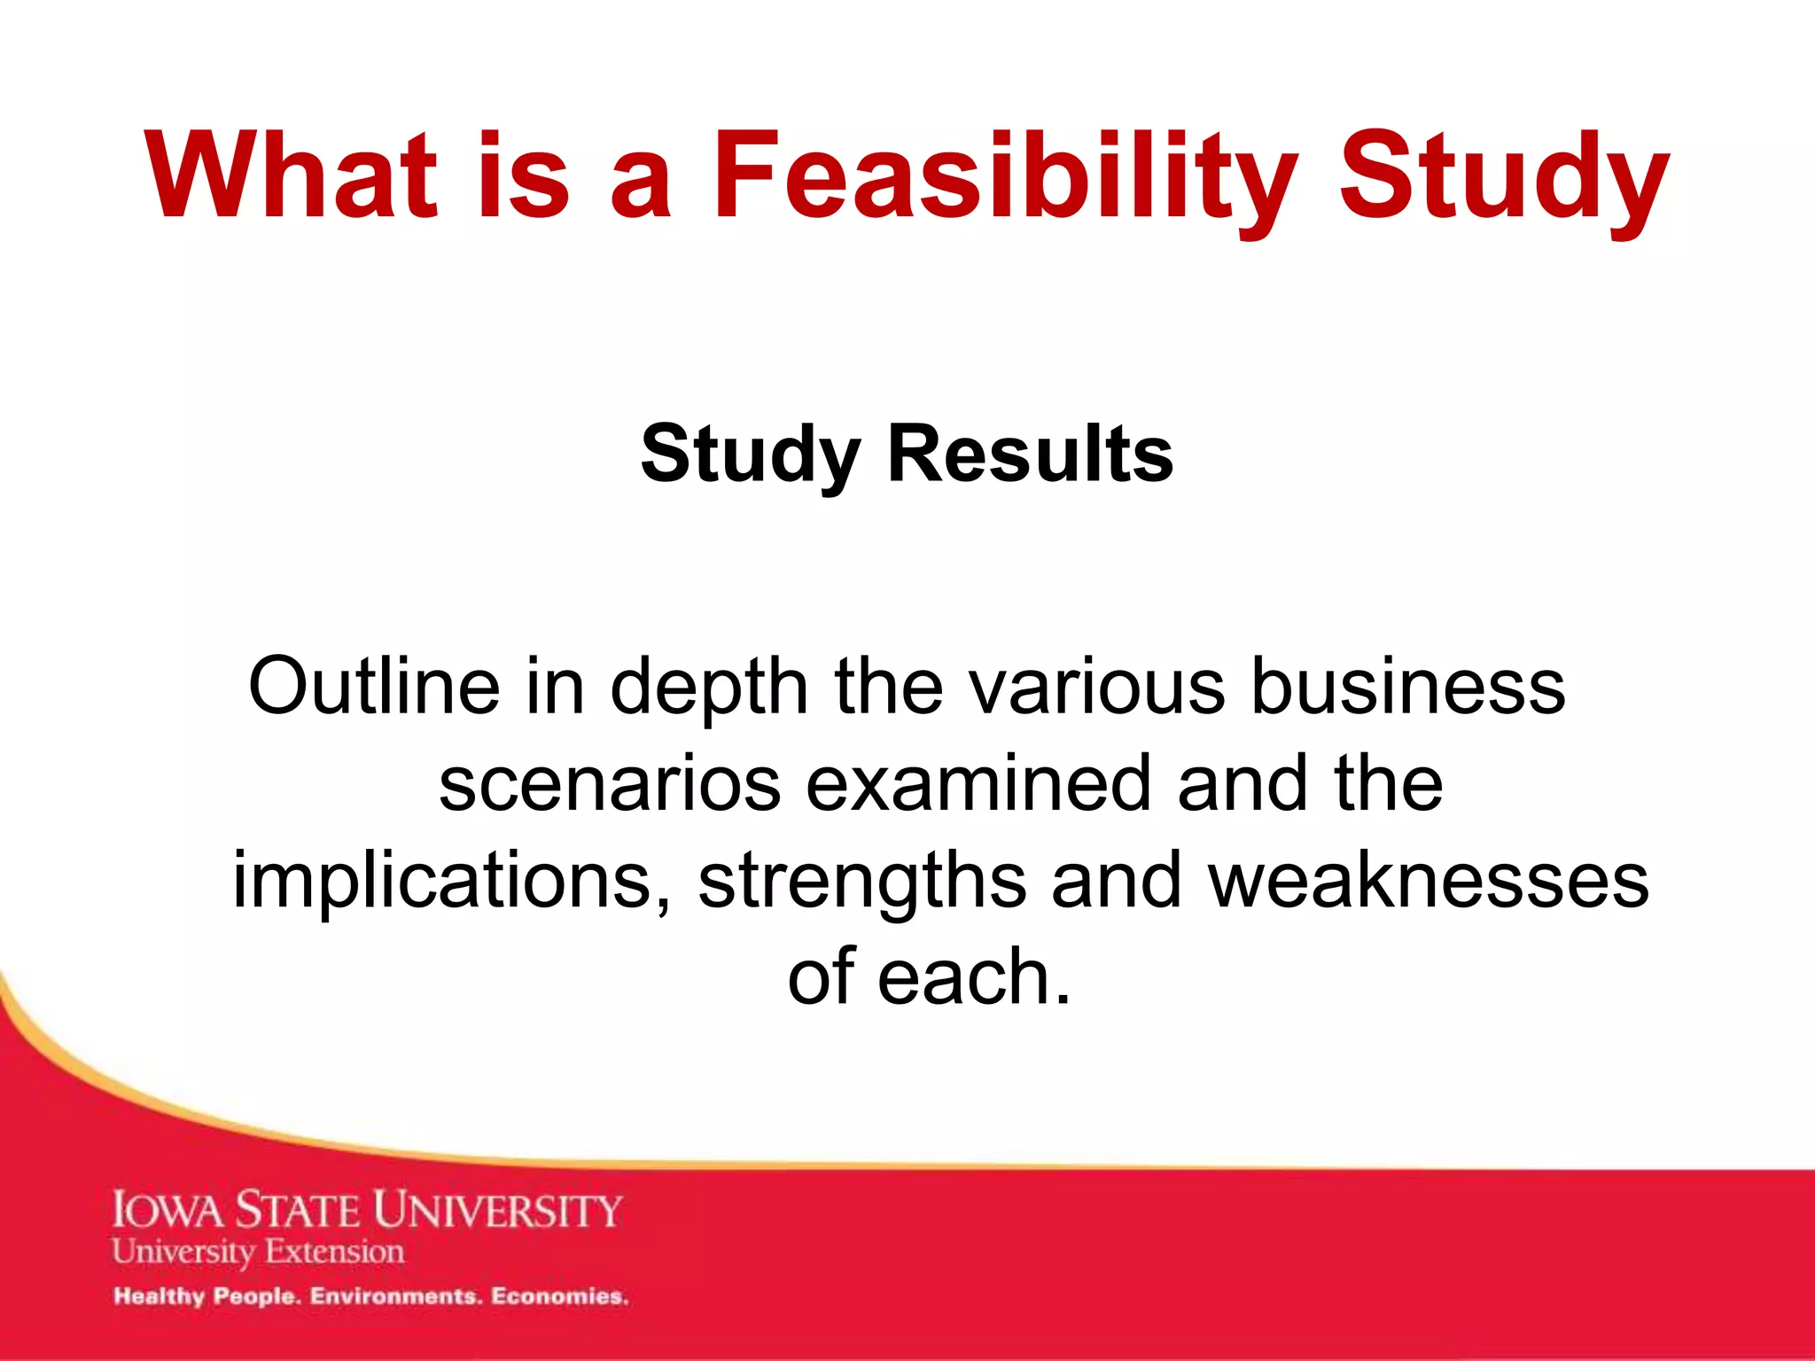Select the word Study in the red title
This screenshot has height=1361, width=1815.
1503,177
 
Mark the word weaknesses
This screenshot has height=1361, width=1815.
1429,882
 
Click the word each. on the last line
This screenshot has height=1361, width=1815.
975,977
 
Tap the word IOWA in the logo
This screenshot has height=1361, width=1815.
168,1210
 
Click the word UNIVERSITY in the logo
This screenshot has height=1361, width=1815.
497,1210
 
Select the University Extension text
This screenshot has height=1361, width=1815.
258,1252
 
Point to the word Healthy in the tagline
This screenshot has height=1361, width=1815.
159,1297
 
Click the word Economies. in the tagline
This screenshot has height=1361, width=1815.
560,1296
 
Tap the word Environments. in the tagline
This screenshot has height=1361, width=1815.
395,1296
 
